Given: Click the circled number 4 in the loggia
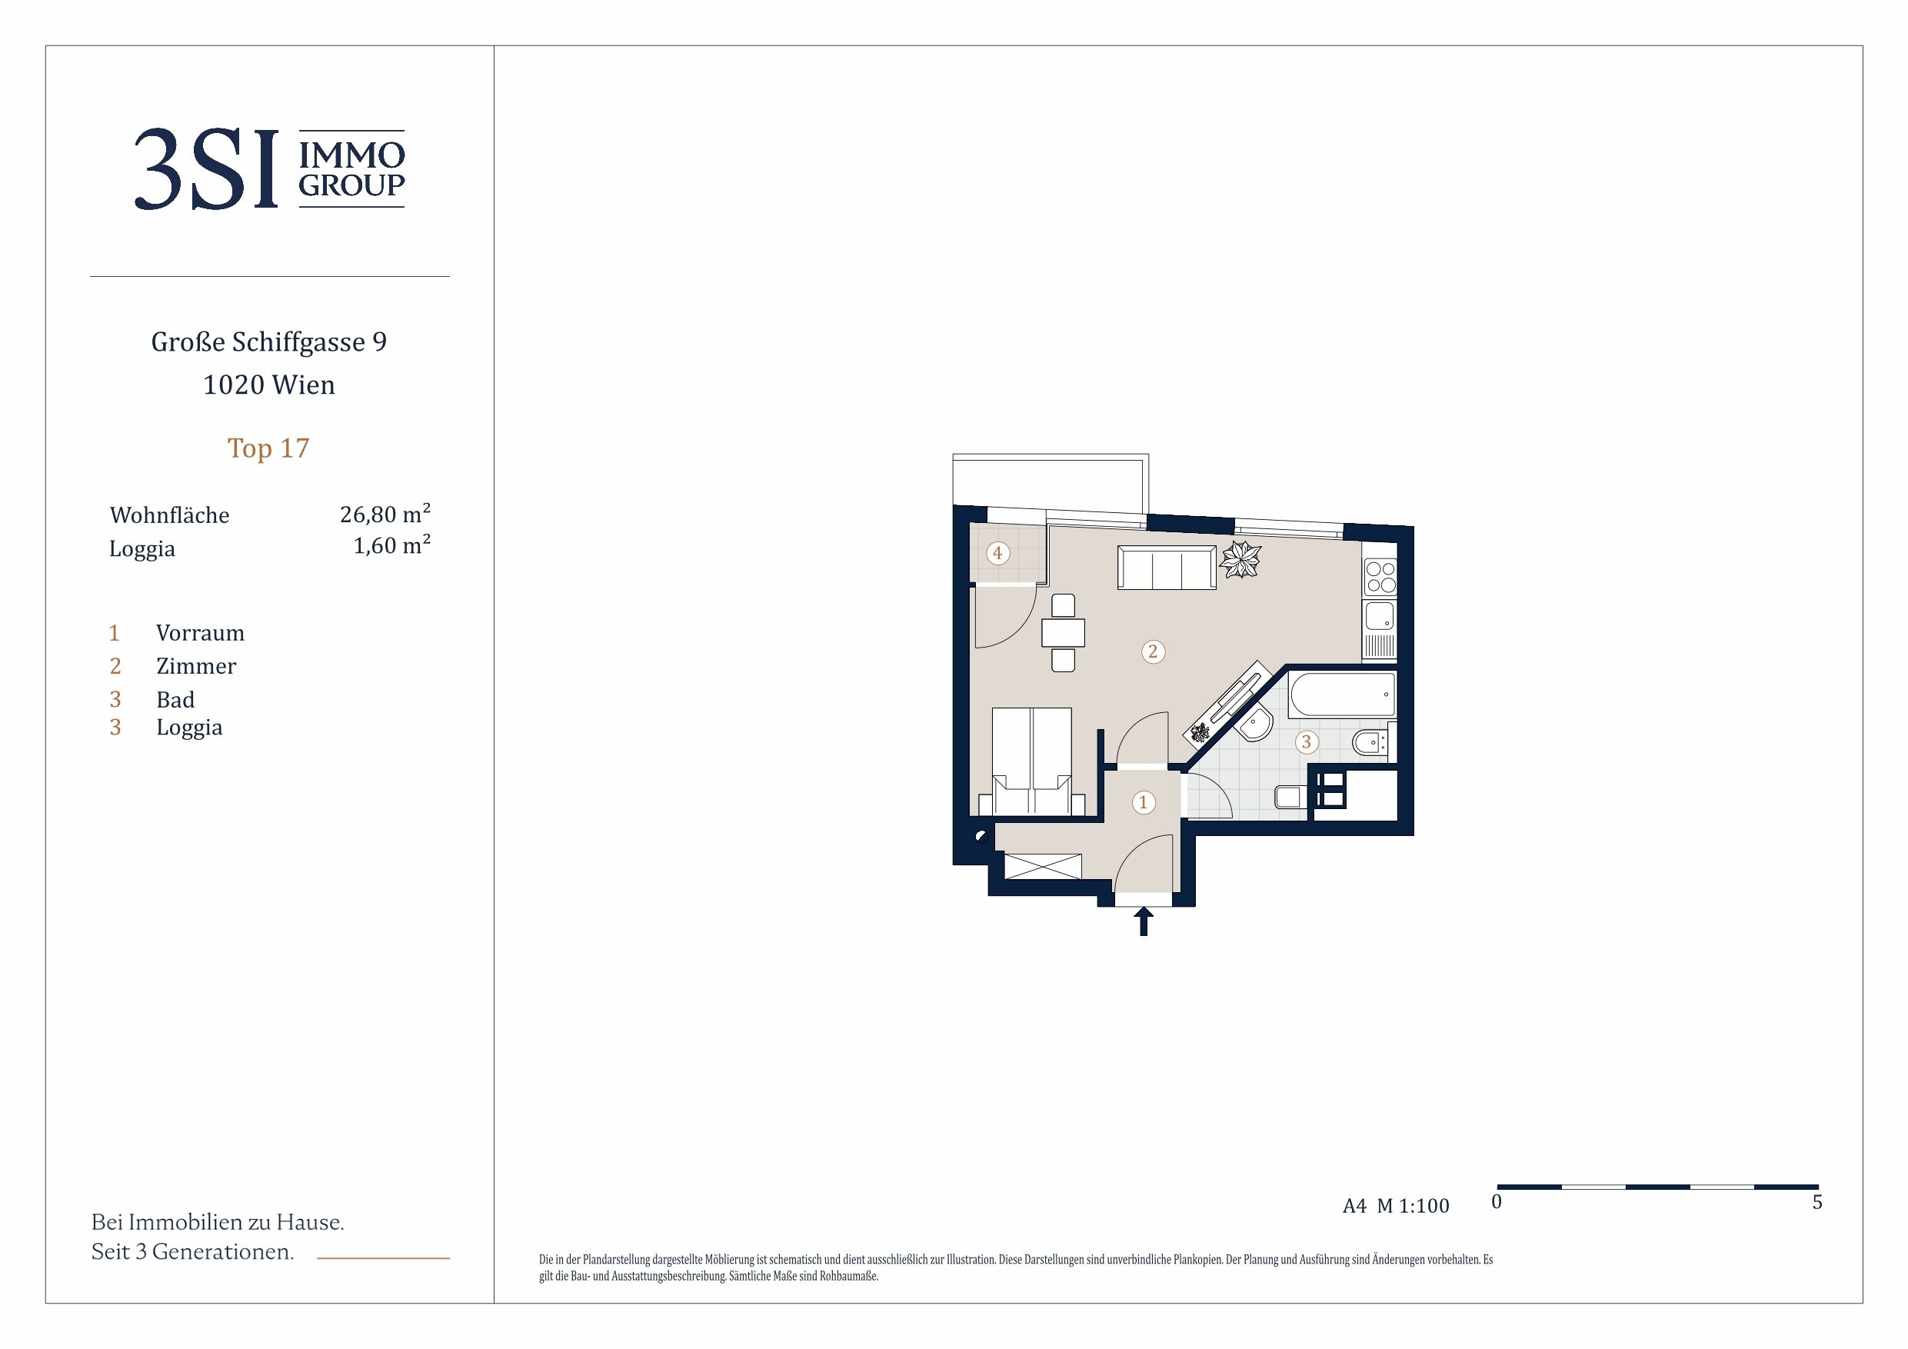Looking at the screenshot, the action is click(x=997, y=553).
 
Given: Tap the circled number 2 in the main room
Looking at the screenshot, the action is click(x=1152, y=651).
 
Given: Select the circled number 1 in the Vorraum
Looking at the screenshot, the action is click(x=1143, y=802).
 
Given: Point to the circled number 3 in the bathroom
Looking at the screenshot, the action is click(x=1306, y=741).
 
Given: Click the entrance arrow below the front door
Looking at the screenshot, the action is click(x=1144, y=921).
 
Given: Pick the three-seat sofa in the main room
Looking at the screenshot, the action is click(x=1166, y=568).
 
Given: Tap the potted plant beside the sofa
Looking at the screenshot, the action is click(x=1239, y=559).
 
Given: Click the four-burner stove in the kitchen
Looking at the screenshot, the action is click(x=1380, y=577).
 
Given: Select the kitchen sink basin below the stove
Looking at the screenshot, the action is click(x=1380, y=617).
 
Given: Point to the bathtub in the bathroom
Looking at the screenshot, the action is click(x=1342, y=694).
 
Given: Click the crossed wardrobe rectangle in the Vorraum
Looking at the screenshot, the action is click(x=1043, y=866).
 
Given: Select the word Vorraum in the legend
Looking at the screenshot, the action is click(x=200, y=634).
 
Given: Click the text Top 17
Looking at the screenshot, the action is click(x=268, y=449).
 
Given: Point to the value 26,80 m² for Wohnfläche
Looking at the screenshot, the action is click(x=385, y=514).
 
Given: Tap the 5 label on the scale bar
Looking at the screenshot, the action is click(x=1817, y=1203).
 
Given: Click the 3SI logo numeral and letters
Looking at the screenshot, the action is click(x=206, y=169).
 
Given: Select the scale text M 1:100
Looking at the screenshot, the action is click(x=1413, y=1206).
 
